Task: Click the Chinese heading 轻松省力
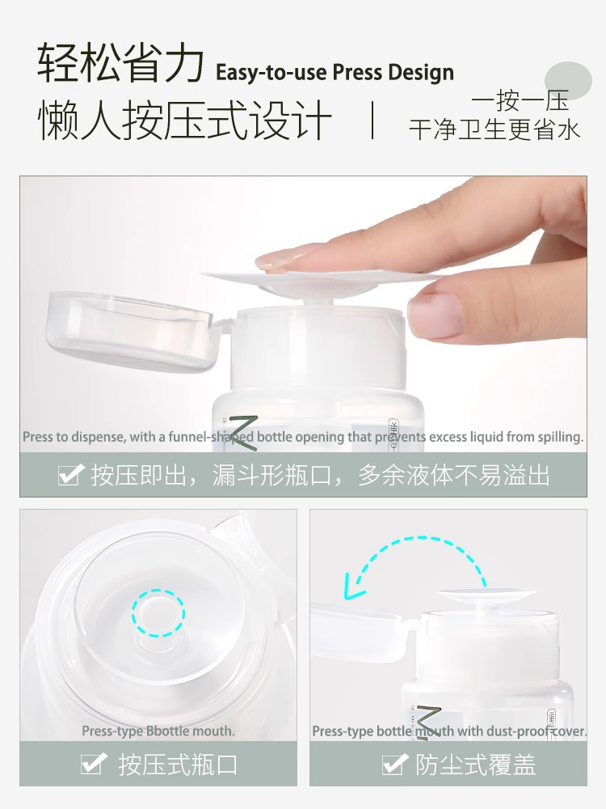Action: (120, 64)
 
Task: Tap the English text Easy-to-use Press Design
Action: (335, 72)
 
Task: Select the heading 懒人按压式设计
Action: (185, 121)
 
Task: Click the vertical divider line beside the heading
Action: (372, 121)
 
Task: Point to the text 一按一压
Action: (520, 100)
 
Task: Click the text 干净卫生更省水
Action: (494, 129)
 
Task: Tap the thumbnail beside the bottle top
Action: (436, 314)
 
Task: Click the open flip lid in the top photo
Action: (129, 332)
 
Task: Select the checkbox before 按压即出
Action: (71, 475)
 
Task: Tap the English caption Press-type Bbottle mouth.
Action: (158, 731)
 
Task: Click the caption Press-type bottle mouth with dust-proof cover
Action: (449, 731)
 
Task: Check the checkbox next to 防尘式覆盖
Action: (393, 765)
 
